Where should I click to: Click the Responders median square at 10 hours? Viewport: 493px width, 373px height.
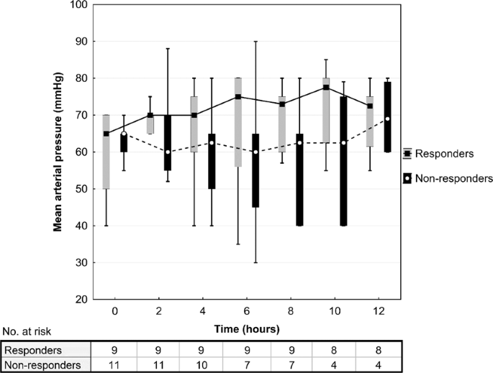click(x=326, y=88)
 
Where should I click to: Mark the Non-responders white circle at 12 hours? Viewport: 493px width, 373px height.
click(x=387, y=119)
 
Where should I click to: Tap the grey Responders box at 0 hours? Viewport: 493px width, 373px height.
click(x=107, y=152)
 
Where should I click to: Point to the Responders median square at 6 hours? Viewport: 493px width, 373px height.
click(x=238, y=96)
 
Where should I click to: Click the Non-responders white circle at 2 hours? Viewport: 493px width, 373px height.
click(x=168, y=152)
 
